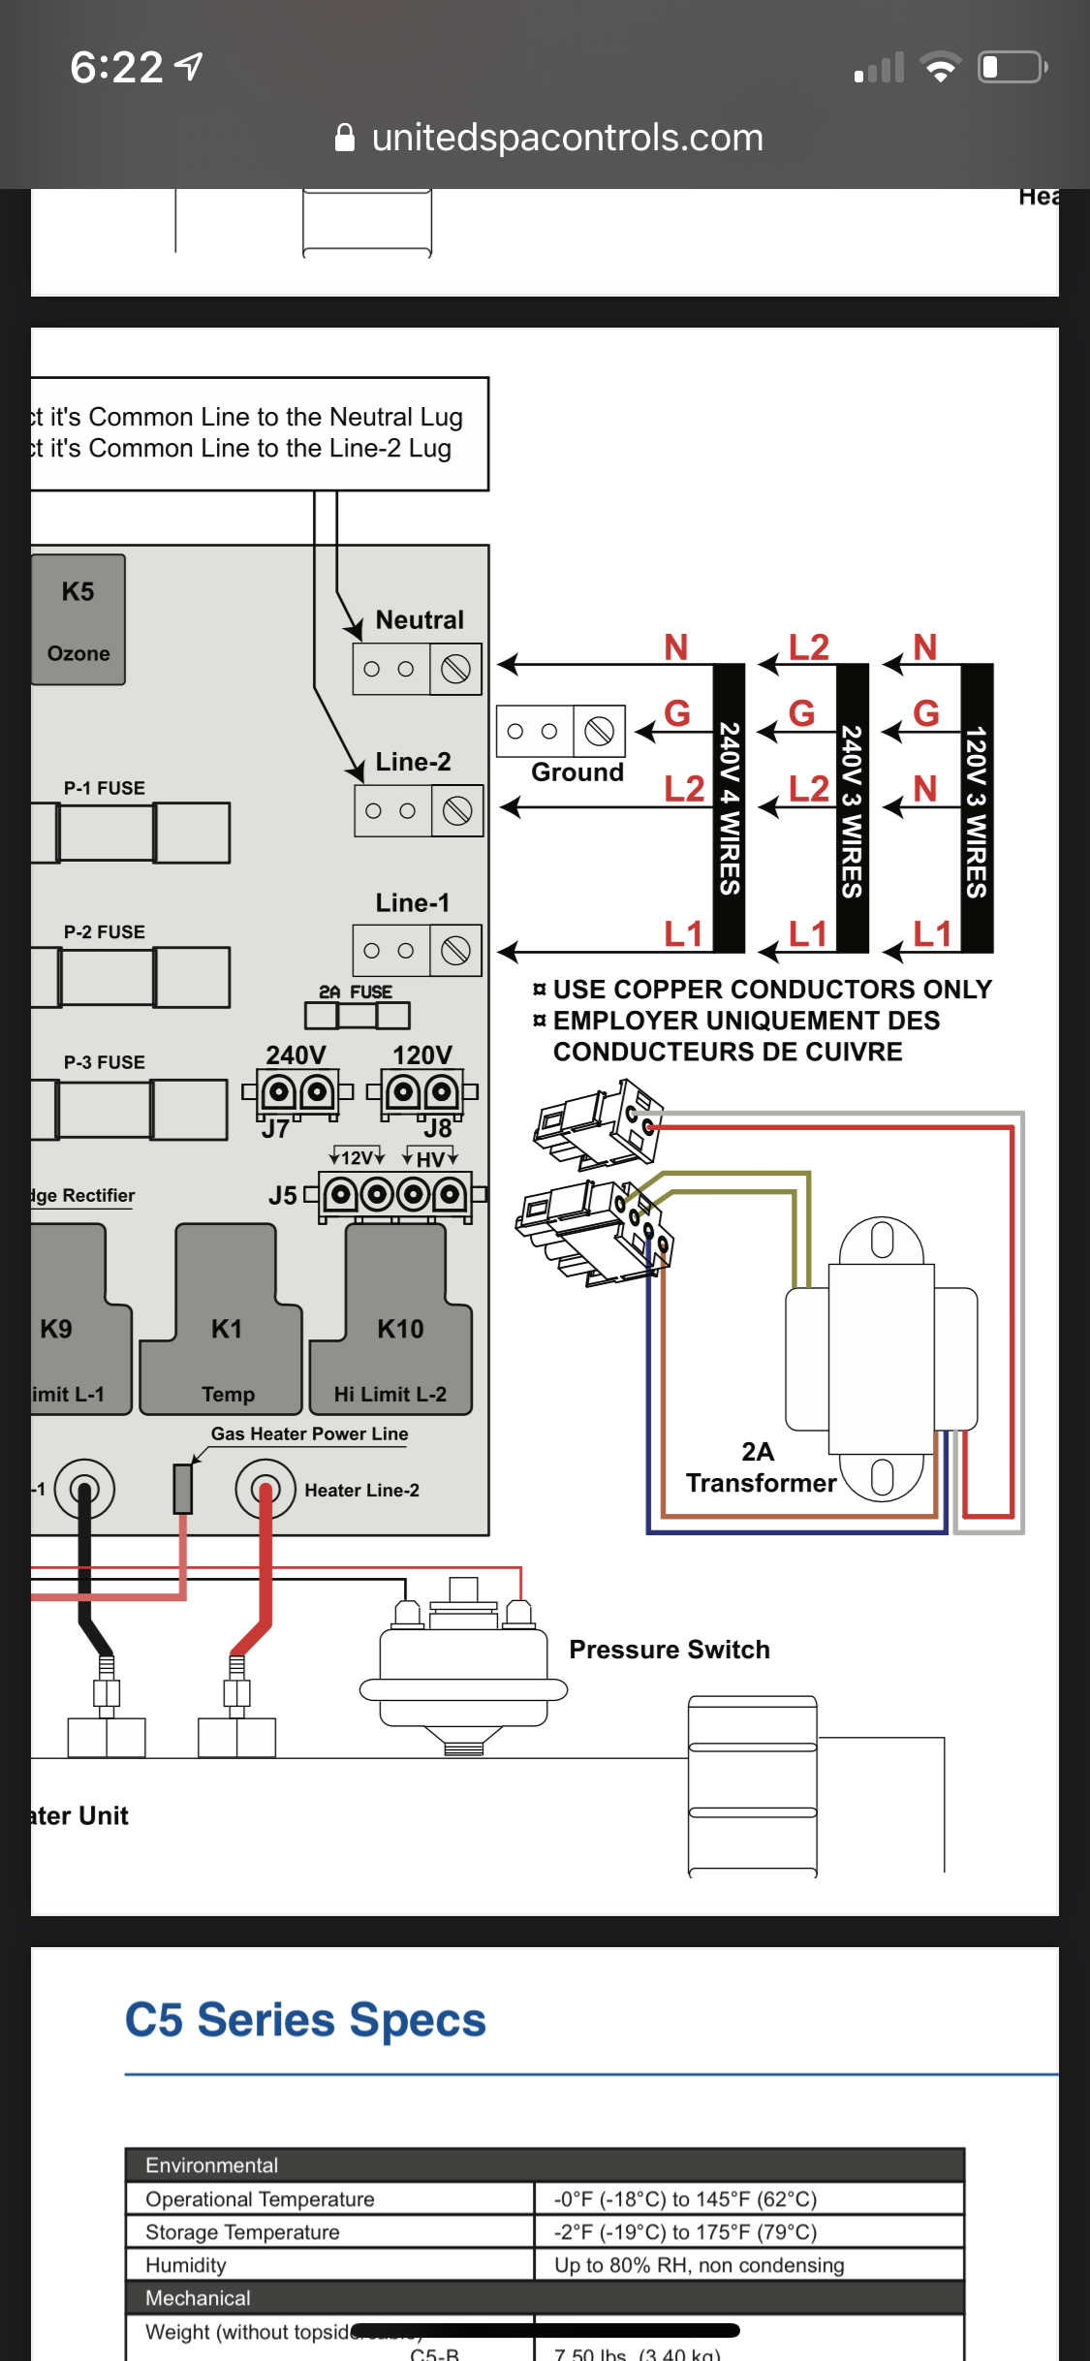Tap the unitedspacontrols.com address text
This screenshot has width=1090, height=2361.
tap(567, 138)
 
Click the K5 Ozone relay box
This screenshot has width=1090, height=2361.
tap(78, 619)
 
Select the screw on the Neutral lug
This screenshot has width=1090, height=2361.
tap(455, 669)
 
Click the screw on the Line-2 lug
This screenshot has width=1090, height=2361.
tap(456, 810)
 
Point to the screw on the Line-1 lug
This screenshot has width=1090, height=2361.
tap(455, 951)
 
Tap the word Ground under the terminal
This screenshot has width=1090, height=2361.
tap(577, 772)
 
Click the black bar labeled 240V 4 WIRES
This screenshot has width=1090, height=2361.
tap(730, 807)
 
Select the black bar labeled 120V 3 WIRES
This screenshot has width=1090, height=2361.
tap(977, 807)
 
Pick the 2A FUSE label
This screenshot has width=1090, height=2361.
tap(356, 992)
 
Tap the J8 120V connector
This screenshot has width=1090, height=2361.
tap(422, 1093)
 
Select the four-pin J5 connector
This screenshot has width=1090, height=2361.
tap(395, 1195)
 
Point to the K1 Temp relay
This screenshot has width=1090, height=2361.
tap(225, 1338)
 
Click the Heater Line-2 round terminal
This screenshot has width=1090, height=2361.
tap(265, 1489)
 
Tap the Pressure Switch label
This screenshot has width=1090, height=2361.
tap(670, 1650)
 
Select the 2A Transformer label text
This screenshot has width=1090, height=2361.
tap(761, 1467)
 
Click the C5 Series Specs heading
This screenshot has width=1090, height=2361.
tap(305, 2021)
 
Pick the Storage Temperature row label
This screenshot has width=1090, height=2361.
tap(242, 2232)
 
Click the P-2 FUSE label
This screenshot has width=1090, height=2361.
tap(105, 931)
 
